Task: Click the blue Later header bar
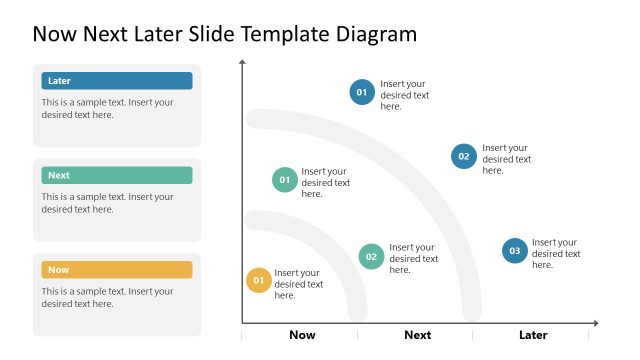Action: pos(117,81)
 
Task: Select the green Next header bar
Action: pos(117,175)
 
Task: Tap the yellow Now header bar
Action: pos(117,270)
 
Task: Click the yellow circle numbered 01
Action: pos(259,281)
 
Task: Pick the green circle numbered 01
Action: pos(285,180)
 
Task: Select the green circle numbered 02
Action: pos(371,256)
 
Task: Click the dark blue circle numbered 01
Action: pos(362,93)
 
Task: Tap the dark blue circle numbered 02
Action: pos(464,156)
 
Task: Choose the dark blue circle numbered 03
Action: pos(515,251)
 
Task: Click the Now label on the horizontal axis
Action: pos(302,335)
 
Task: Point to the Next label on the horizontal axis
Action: pos(417,335)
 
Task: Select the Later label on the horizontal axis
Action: pos(533,335)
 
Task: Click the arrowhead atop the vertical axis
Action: pos(242,63)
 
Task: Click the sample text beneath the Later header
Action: pos(107,108)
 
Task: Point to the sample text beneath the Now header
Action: pos(107,297)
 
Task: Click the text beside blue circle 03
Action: pos(556,253)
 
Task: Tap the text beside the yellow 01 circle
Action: pos(299,284)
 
